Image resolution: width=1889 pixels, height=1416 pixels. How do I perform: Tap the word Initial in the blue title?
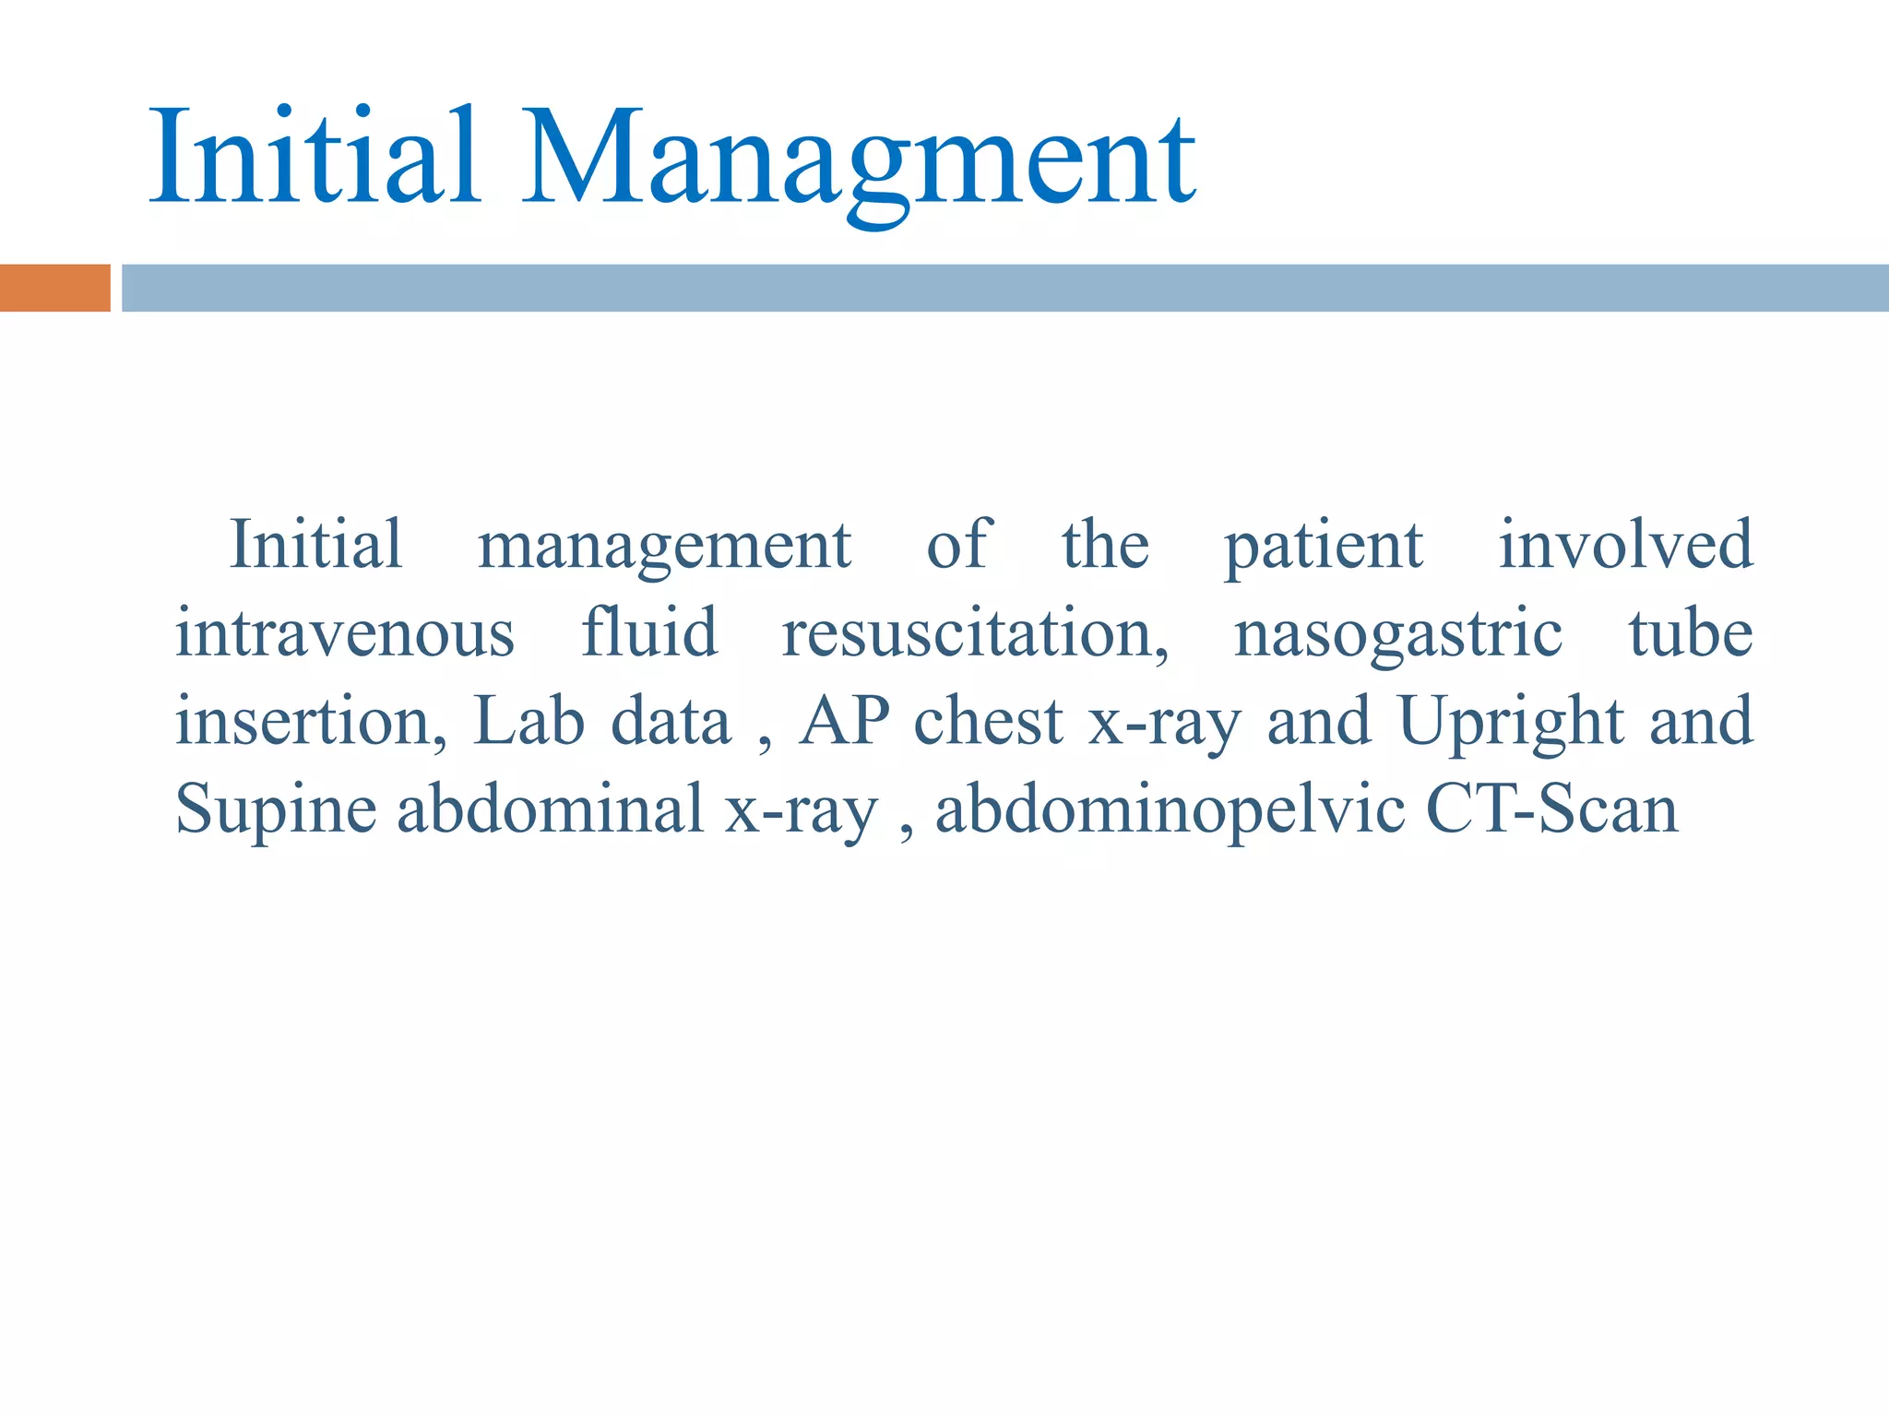pyautogui.click(x=314, y=157)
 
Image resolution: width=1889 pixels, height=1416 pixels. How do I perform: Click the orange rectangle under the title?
pyautogui.click(x=54, y=288)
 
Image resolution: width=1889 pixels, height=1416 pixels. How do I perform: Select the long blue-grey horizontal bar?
pyautogui.click(x=1004, y=288)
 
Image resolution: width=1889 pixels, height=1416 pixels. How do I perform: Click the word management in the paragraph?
pyautogui.click(x=664, y=547)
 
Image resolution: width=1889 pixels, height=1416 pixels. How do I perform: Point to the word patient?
pyautogui.click(x=1324, y=547)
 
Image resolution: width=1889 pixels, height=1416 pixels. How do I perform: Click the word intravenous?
pyautogui.click(x=345, y=633)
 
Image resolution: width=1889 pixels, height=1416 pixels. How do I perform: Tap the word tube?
pyautogui.click(x=1690, y=633)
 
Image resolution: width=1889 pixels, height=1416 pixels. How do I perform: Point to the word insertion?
pyautogui.click(x=311, y=721)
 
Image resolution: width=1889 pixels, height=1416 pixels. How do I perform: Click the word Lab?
pyautogui.click(x=529, y=721)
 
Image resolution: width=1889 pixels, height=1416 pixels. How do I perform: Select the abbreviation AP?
pyautogui.click(x=844, y=721)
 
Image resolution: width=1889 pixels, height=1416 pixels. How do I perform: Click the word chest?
pyautogui.click(x=988, y=721)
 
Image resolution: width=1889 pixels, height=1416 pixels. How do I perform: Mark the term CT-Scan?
pyautogui.click(x=1551, y=808)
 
